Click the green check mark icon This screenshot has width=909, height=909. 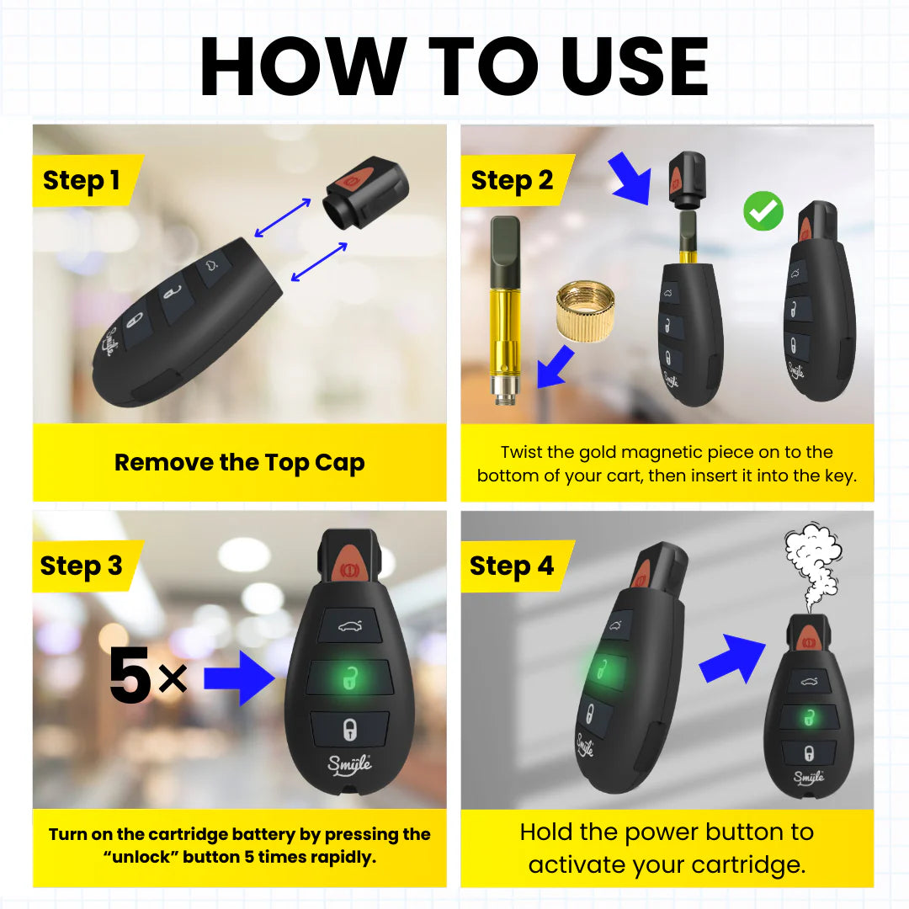(x=763, y=212)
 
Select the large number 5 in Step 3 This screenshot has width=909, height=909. (x=130, y=678)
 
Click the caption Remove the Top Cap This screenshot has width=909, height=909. (x=240, y=463)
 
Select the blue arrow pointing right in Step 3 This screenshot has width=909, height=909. (x=240, y=678)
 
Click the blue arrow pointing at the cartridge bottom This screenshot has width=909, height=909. (x=555, y=369)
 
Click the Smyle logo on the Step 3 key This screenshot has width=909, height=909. (x=350, y=766)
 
